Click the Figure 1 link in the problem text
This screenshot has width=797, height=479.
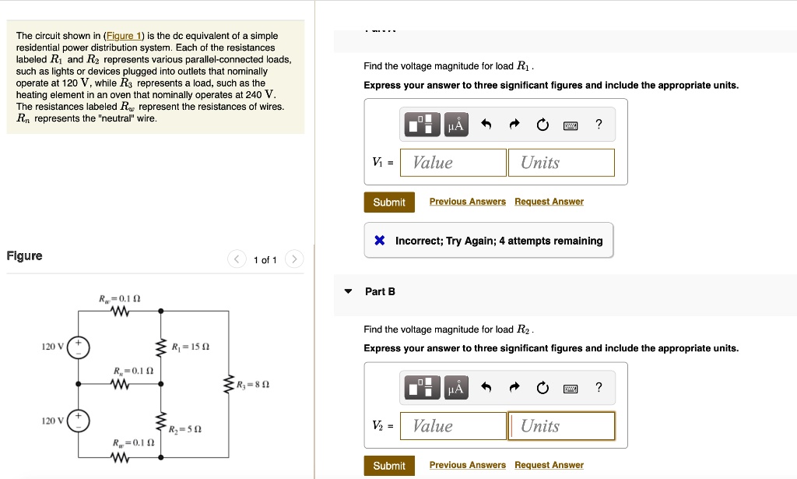point(125,36)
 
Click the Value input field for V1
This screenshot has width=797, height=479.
point(453,162)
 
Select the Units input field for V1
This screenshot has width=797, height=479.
point(561,162)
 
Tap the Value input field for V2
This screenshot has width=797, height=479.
point(453,426)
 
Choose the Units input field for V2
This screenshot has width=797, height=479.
point(561,426)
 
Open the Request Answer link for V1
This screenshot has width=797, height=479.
point(549,202)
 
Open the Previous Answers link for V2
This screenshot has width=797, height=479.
point(467,465)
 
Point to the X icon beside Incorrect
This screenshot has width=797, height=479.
point(379,241)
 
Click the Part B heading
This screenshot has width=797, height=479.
point(380,291)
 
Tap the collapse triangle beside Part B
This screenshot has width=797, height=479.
point(349,291)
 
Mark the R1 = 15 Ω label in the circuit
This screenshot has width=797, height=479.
point(190,347)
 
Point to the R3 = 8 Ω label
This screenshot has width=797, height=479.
point(251,384)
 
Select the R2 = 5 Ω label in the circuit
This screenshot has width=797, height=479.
point(185,429)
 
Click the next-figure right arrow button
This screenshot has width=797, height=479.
point(293,259)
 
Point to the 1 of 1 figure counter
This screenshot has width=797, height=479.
point(265,260)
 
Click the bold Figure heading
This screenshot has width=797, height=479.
point(24,256)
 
